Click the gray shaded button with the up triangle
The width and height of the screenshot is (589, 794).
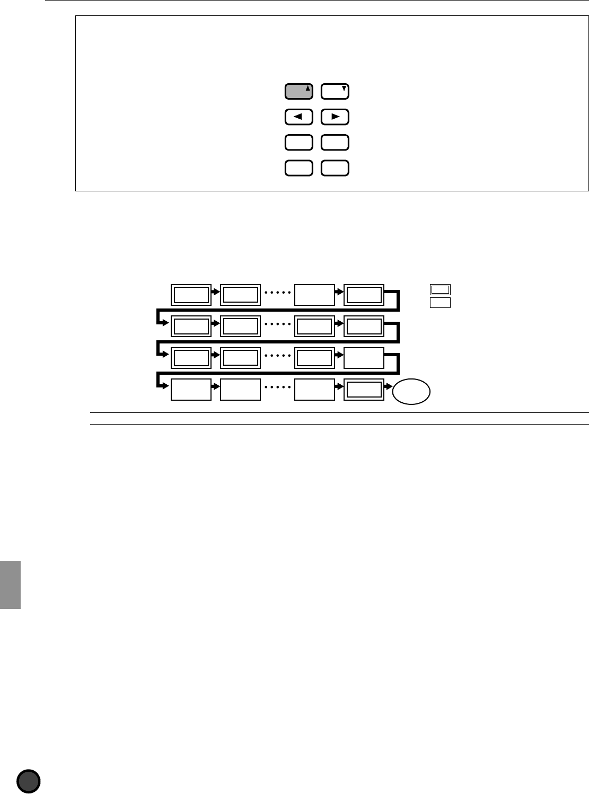point(299,92)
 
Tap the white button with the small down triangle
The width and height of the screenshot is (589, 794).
point(335,92)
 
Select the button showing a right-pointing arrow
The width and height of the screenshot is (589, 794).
point(335,117)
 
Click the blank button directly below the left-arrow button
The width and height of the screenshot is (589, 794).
point(299,143)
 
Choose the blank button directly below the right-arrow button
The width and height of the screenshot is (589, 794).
point(335,143)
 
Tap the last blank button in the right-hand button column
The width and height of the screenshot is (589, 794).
point(335,168)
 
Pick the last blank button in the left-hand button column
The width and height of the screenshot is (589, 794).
point(299,168)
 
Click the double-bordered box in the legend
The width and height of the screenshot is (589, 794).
point(440,289)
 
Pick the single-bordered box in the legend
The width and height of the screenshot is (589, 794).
point(440,303)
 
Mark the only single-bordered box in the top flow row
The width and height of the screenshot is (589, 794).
point(314,295)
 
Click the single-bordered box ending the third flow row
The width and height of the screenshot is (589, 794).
point(364,358)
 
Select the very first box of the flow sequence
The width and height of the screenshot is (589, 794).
point(191,295)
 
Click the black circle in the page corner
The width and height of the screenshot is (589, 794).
point(29,781)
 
